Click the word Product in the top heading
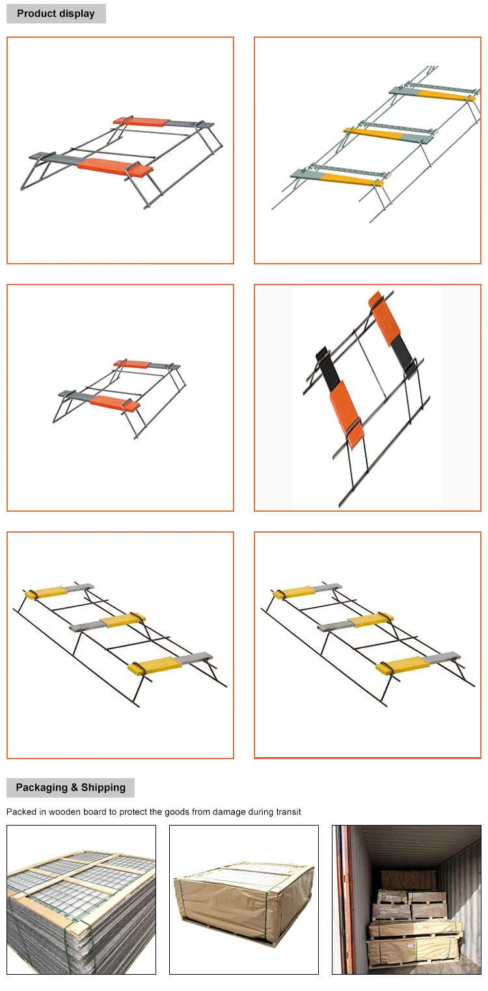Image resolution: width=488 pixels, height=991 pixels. [x=36, y=13]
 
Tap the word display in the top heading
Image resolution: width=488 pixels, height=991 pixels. [x=77, y=14]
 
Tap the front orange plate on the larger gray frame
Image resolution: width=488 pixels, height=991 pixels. [x=116, y=165]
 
